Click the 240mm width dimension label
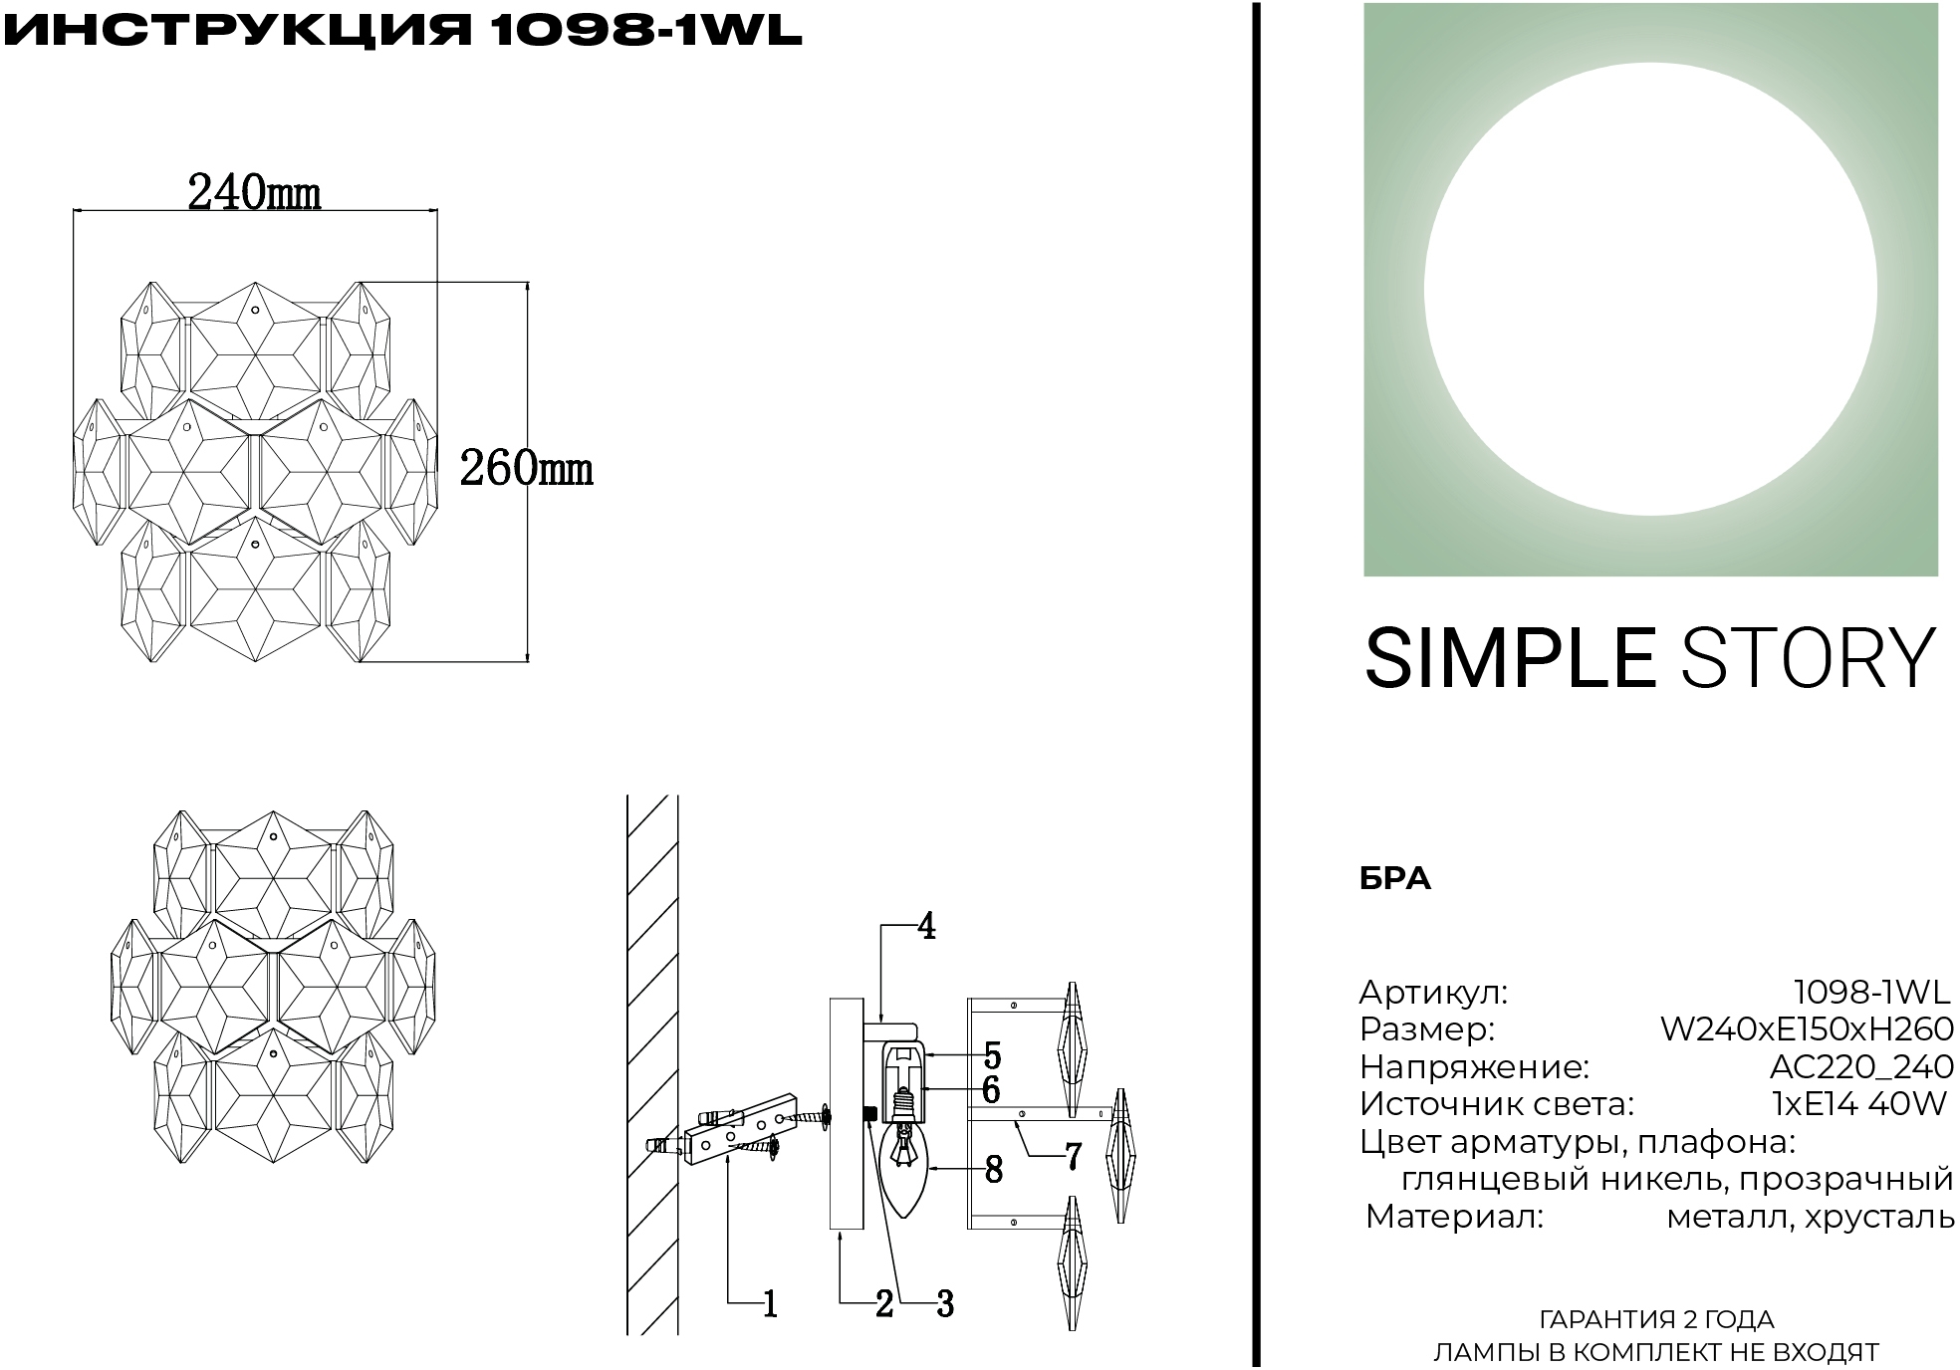[255, 192]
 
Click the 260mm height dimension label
[526, 468]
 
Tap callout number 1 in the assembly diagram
[769, 1304]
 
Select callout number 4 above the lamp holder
[926, 927]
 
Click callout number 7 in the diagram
[1073, 1157]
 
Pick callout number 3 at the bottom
[944, 1304]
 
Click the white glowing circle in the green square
[1650, 290]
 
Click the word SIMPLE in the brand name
[1509, 658]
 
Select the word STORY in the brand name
[1808, 658]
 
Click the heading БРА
[1395, 878]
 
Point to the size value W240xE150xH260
[1807, 1028]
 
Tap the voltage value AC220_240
[1861, 1066]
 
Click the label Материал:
[1454, 1217]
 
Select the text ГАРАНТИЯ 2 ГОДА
[1656, 1320]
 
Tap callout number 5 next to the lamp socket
[992, 1055]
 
